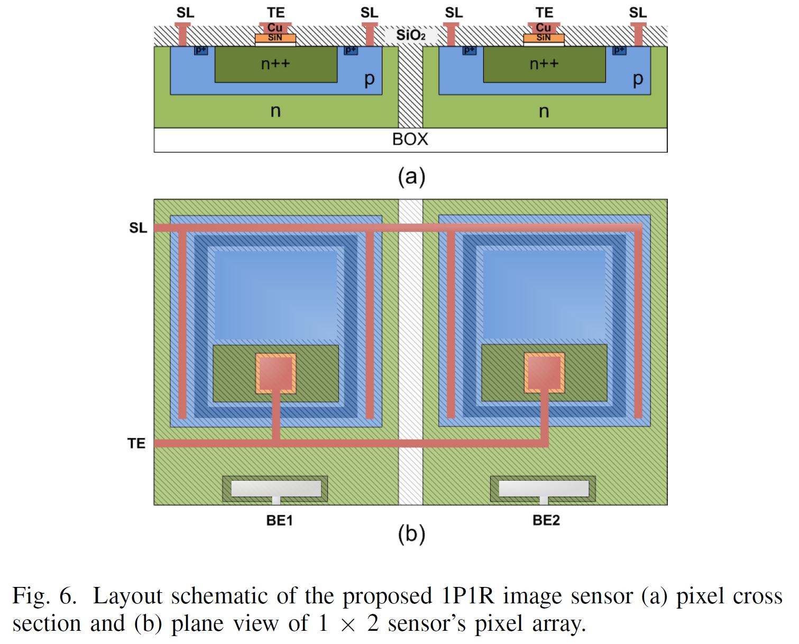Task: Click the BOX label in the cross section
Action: [410, 139]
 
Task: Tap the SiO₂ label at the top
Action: [410, 35]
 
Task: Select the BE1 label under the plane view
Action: [279, 520]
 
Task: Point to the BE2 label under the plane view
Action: [546, 520]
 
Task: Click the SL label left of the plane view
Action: [138, 228]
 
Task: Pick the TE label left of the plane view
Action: [136, 443]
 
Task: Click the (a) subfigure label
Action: [411, 176]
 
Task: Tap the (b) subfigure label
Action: [411, 534]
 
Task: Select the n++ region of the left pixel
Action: [275, 64]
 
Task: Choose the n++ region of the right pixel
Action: [544, 64]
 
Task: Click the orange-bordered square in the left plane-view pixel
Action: [275, 373]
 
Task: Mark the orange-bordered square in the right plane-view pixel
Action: [544, 373]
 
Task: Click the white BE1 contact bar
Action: [276, 489]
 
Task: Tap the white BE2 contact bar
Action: [544, 489]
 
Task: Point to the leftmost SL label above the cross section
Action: [185, 12]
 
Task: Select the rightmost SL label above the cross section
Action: [638, 12]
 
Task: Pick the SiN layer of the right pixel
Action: [544, 38]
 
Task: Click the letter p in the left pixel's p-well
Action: [369, 79]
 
